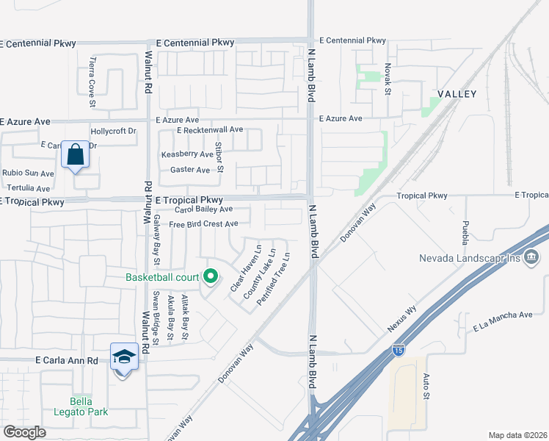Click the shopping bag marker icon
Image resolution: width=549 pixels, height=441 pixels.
pos(75,155)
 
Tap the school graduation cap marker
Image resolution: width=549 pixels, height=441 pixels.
pos(124,357)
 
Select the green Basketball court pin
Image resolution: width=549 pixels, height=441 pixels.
pos(211,277)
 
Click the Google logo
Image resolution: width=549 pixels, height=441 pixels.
pos(24,432)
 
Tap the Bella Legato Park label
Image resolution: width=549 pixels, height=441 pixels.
pos(88,406)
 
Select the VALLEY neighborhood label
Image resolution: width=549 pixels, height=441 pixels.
pos(457,94)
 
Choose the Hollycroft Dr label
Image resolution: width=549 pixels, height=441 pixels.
pos(113,132)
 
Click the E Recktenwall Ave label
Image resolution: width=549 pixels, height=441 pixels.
pos(209,129)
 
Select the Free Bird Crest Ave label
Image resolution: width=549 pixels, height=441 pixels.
pos(203,224)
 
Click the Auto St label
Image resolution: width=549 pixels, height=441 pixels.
pos(425,386)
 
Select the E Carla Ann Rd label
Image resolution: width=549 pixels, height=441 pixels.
pos(66,361)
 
